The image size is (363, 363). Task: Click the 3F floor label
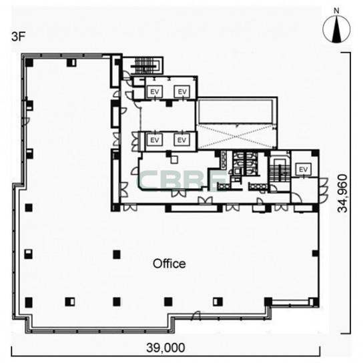(18, 37)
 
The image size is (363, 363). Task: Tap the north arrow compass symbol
(336, 29)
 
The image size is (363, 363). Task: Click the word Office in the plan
(169, 264)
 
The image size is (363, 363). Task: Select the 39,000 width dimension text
(165, 348)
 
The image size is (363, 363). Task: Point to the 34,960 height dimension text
(342, 194)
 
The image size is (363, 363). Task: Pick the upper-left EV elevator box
(155, 91)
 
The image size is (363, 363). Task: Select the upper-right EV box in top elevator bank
(182, 91)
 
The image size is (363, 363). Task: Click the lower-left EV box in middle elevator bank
(155, 140)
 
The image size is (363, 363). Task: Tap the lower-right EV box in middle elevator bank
(182, 140)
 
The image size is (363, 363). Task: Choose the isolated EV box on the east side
(303, 169)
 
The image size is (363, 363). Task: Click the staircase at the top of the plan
(145, 66)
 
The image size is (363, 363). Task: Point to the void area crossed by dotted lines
(236, 137)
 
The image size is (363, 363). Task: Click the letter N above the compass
(336, 11)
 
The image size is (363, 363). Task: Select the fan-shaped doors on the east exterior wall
(324, 190)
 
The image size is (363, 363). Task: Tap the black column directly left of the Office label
(117, 255)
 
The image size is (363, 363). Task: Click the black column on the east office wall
(315, 254)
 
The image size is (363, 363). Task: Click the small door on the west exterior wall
(27, 120)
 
